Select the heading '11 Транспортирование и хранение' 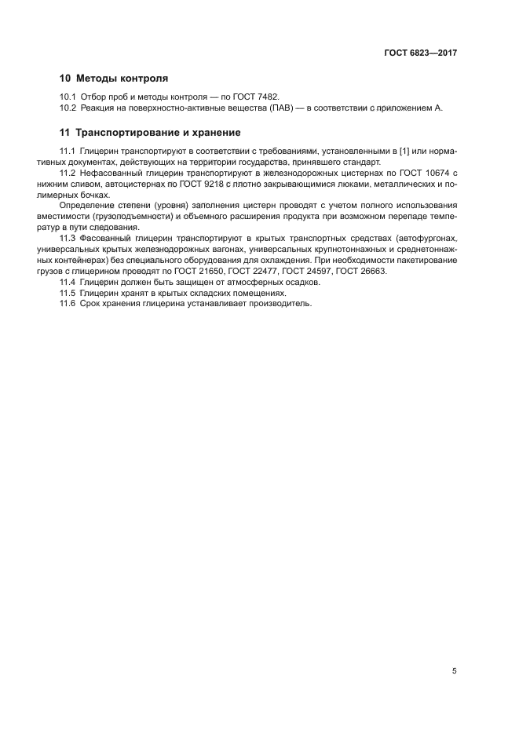(x=151, y=133)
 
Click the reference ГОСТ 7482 (x=255, y=96)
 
